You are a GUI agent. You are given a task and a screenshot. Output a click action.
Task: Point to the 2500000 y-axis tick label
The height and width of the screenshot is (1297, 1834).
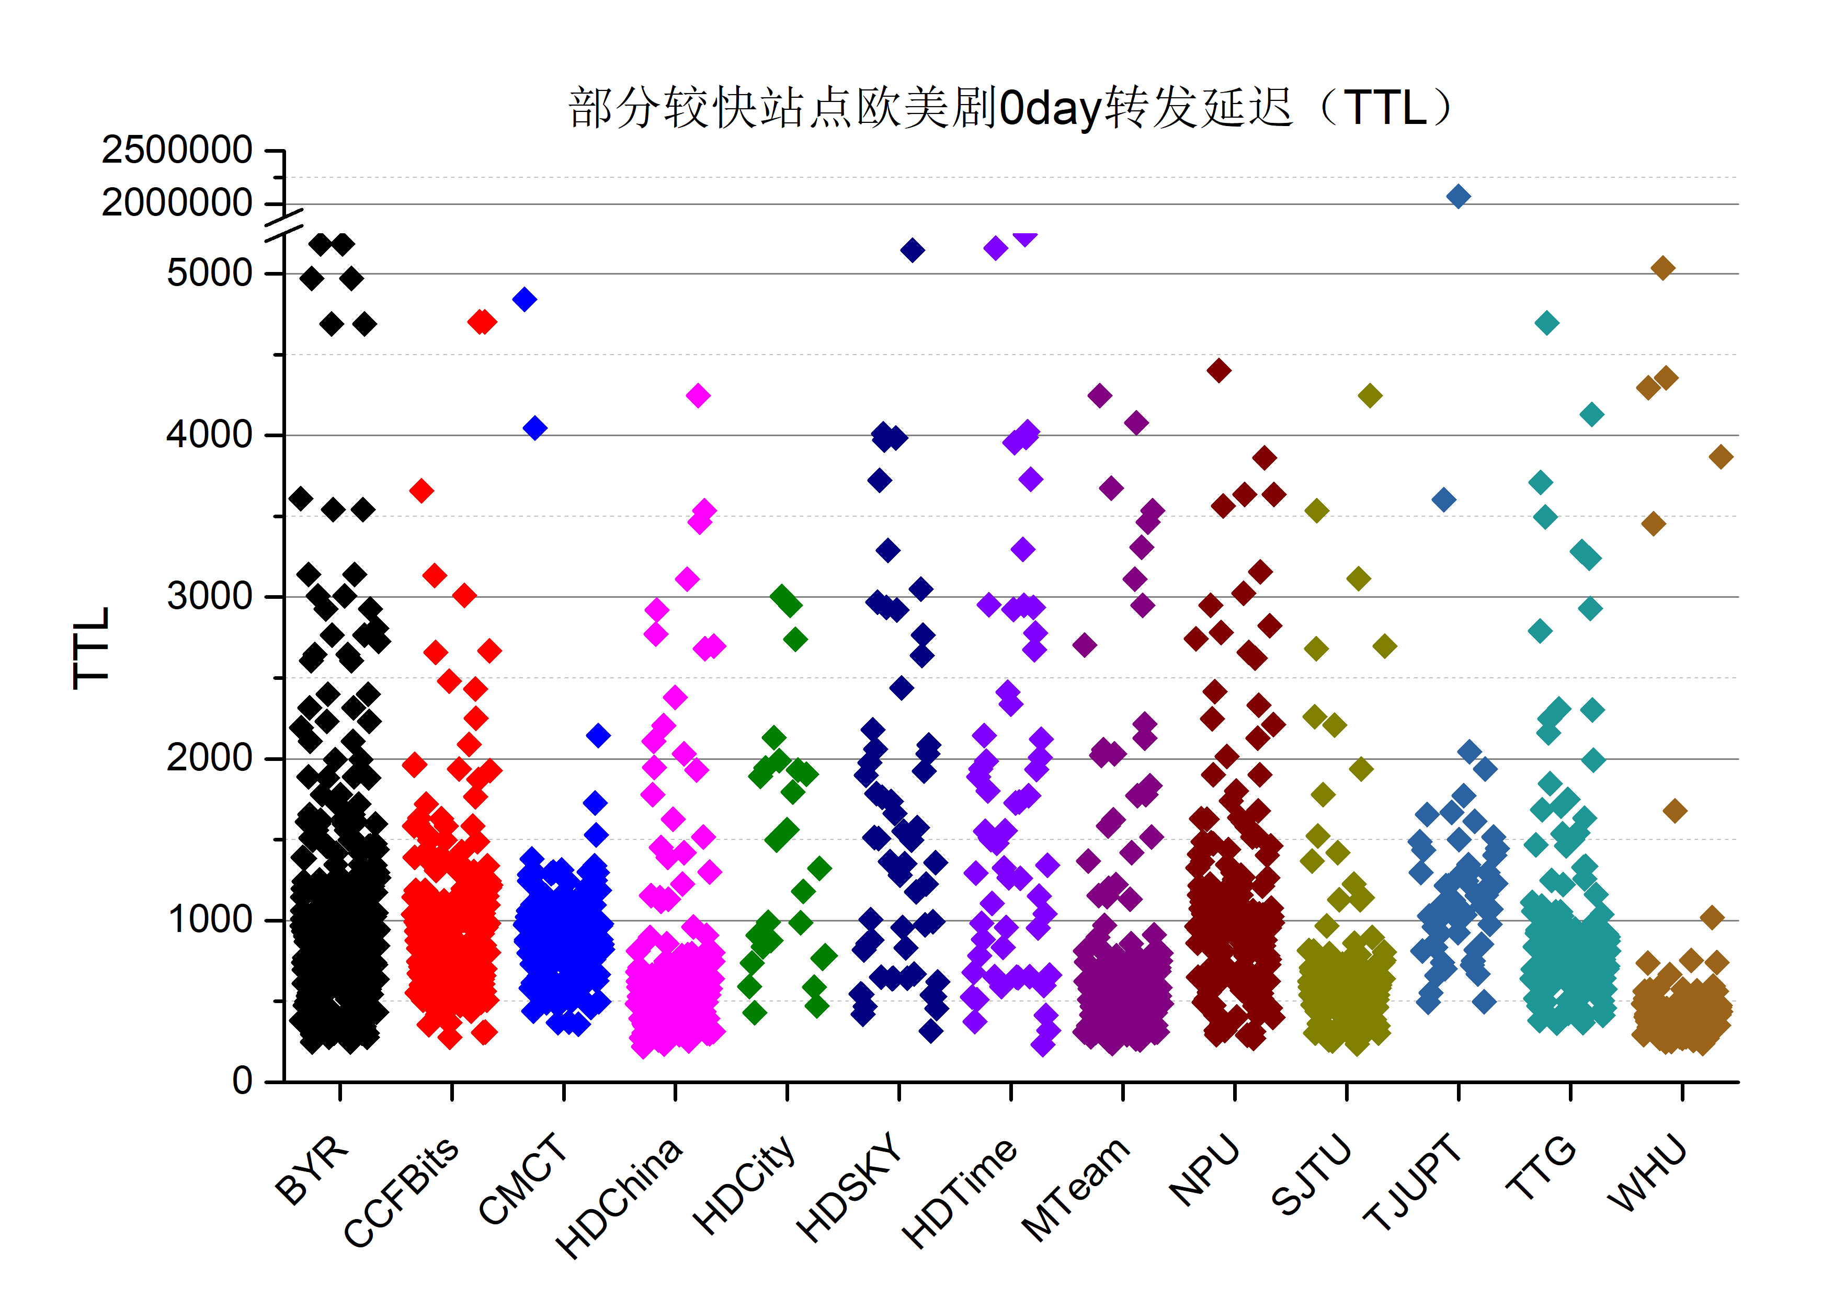177,150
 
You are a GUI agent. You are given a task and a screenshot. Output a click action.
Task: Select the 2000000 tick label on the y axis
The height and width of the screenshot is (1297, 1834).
177,203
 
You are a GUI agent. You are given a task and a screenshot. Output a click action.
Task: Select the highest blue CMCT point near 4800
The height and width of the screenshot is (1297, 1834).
524,300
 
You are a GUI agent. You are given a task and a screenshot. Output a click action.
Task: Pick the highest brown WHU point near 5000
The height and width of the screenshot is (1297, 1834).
1662,268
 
